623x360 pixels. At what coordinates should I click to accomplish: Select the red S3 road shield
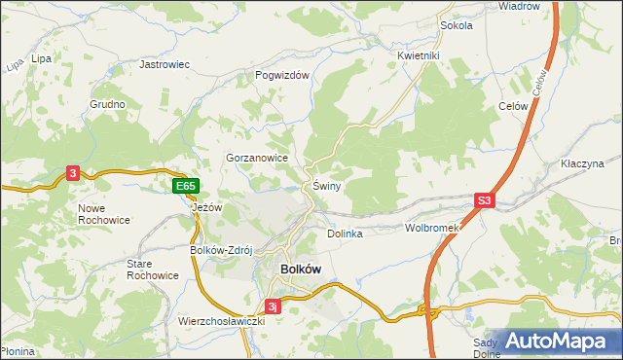point(485,201)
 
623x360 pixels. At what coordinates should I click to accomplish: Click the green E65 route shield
point(186,186)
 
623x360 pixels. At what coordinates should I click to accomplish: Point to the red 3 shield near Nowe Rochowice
point(73,173)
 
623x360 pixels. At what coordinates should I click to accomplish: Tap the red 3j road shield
point(275,306)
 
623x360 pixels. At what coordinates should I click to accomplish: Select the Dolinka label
point(345,234)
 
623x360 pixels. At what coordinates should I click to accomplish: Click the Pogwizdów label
point(281,75)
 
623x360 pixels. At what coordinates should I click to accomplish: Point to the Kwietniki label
point(420,55)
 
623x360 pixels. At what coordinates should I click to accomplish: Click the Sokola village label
point(456,25)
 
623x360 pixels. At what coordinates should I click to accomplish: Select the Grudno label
point(108,103)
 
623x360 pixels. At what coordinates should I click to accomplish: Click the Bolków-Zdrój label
point(221,249)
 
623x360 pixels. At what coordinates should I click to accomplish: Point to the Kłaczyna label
point(583,163)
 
